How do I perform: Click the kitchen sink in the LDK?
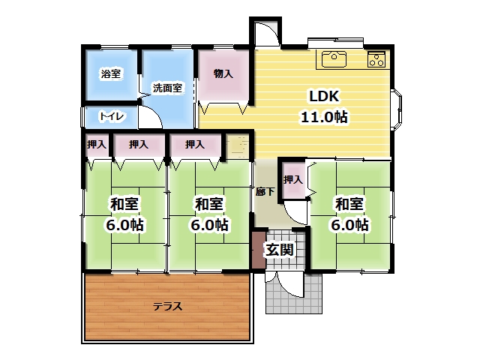click(334, 59)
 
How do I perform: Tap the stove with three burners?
click(376, 59)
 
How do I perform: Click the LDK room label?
click(324, 97)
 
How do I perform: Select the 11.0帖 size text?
click(324, 117)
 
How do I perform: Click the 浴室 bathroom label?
click(110, 73)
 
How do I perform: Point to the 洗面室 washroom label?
click(167, 88)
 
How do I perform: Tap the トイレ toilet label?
click(112, 116)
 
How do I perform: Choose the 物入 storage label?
click(223, 73)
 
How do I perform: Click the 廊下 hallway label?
click(265, 192)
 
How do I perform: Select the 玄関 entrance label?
click(280, 250)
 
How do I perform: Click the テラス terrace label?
click(167, 306)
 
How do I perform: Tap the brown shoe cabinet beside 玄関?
click(259, 250)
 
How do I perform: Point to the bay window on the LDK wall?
click(397, 109)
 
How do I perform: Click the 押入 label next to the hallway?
click(293, 180)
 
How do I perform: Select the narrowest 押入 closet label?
click(97, 144)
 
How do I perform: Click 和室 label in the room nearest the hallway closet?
click(349, 204)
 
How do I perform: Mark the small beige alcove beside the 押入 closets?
click(238, 146)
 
